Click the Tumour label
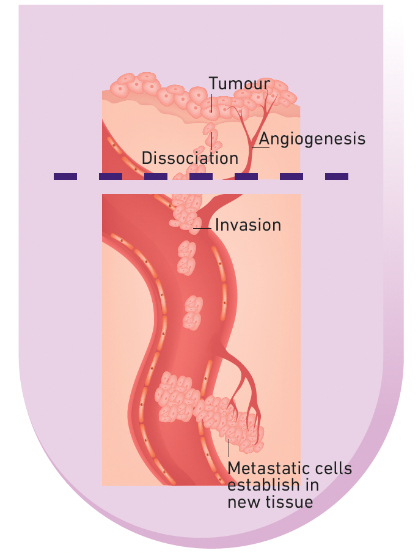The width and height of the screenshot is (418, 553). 239,84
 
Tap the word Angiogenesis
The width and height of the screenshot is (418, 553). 312,139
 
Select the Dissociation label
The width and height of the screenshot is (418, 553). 189,158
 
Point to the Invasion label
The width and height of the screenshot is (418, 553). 248,225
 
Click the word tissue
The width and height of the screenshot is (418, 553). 293,502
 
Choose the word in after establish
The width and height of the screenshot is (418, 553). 310,486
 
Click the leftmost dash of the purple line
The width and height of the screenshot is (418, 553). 65,176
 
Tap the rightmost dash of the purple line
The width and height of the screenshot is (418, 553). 336,176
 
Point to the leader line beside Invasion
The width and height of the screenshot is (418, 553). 204,228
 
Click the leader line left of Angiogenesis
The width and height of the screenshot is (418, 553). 259,147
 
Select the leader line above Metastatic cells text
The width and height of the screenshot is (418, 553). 229,449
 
